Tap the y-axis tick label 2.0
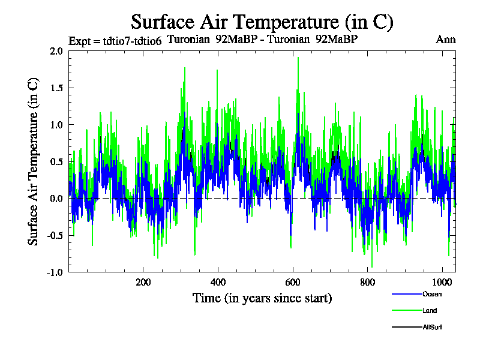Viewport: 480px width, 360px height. [x=56, y=51]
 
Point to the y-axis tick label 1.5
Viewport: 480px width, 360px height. [x=56, y=88]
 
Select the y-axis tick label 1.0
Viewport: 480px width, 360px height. [x=56, y=125]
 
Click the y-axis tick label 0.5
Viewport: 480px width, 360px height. [x=56, y=161]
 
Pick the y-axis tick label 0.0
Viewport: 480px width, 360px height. [x=56, y=199]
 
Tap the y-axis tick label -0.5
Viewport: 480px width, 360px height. [x=55, y=235]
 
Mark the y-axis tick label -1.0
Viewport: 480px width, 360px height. [x=55, y=272]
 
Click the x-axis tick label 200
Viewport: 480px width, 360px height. [x=143, y=283]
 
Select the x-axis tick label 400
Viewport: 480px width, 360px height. [x=218, y=283]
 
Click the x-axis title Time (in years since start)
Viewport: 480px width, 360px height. [x=262, y=298]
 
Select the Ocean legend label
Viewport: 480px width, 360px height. [x=431, y=294]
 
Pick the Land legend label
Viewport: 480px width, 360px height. [x=430, y=311]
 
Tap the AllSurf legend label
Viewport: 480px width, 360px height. [x=433, y=328]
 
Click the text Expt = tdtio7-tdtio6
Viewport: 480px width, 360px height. [x=115, y=41]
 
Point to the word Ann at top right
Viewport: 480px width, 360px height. [x=445, y=40]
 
